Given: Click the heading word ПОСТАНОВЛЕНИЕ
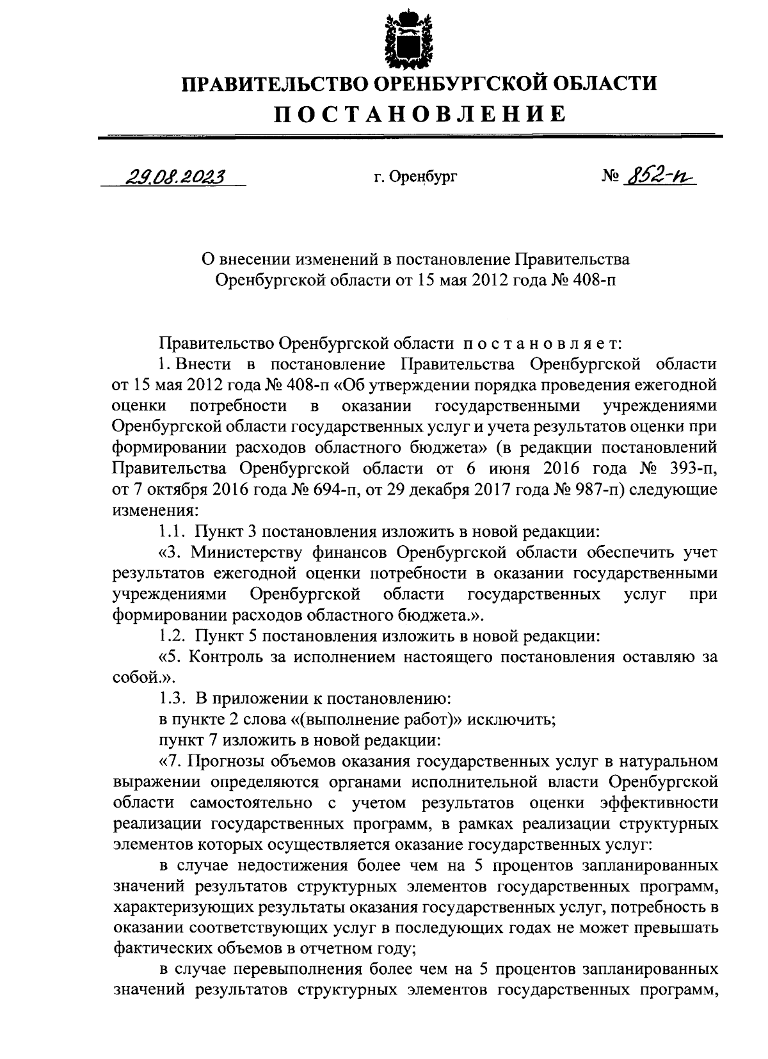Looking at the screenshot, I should point(420,114).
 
